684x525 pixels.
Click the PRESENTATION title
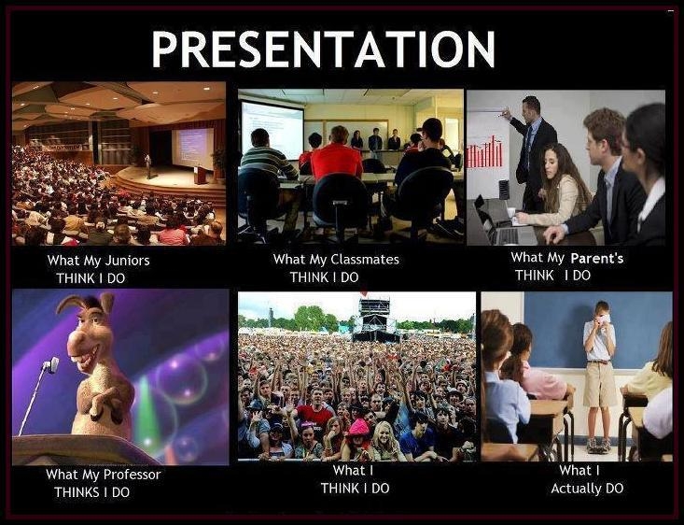[x=323, y=48]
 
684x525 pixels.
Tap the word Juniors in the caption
[x=127, y=261]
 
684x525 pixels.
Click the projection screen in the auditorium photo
[x=192, y=147]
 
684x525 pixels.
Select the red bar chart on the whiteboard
[x=483, y=151]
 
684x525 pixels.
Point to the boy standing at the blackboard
[x=598, y=369]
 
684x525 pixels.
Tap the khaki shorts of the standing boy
[x=599, y=383]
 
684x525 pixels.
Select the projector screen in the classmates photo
[x=272, y=129]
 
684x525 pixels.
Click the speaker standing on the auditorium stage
[x=147, y=165]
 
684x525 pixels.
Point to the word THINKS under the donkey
[x=79, y=492]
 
